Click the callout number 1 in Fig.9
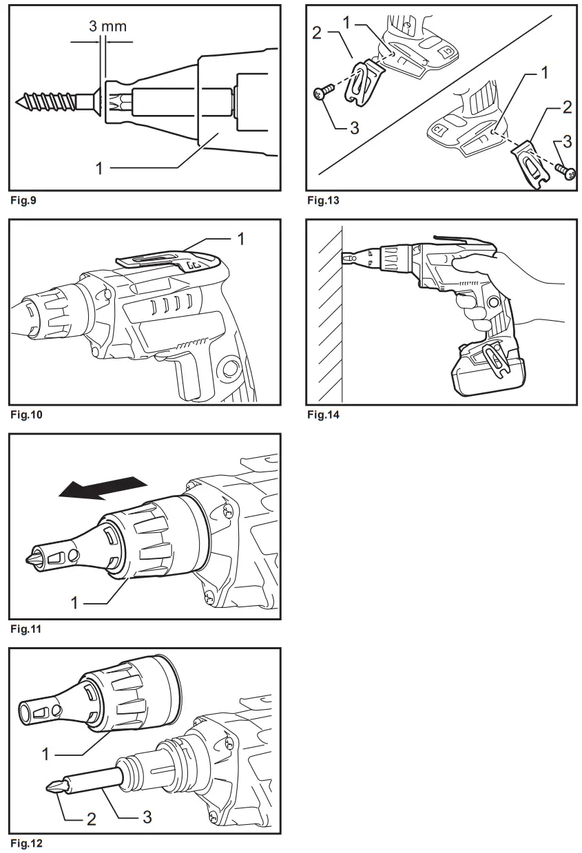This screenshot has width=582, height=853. pos(99,167)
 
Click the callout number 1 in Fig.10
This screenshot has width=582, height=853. pos(240,238)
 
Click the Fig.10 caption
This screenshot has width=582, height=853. pos(25,415)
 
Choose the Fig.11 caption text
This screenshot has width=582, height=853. pos(24,629)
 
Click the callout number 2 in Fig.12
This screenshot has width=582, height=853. pos(90,819)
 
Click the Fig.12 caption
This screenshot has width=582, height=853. pos(25,843)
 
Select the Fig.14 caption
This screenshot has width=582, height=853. pos(323,415)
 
